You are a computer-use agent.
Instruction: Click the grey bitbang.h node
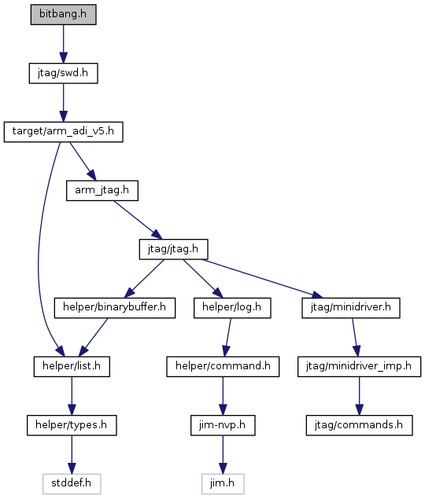tap(63, 14)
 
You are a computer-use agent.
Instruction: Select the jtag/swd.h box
tap(63, 73)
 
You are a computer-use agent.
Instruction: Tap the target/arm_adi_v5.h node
tap(63, 132)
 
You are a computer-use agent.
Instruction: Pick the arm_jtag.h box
tap(102, 191)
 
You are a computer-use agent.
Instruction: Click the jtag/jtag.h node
tap(173, 249)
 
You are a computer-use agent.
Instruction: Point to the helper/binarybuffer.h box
tap(114, 308)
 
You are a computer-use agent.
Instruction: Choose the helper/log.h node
tap(232, 308)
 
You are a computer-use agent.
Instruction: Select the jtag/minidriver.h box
tap(351, 308)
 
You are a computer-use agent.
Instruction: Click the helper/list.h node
tap(72, 367)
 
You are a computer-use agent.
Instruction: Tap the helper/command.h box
tap(223, 367)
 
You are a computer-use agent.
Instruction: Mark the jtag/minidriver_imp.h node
tap(359, 367)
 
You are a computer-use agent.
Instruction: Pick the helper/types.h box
tap(72, 425)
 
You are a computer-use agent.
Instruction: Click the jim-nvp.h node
tap(223, 425)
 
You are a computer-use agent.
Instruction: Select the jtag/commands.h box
tap(359, 425)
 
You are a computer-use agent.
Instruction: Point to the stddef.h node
tap(72, 484)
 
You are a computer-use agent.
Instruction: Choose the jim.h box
tap(223, 484)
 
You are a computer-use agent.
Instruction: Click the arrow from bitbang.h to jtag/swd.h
tap(63, 44)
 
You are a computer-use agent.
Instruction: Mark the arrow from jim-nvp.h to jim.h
tap(223, 455)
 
